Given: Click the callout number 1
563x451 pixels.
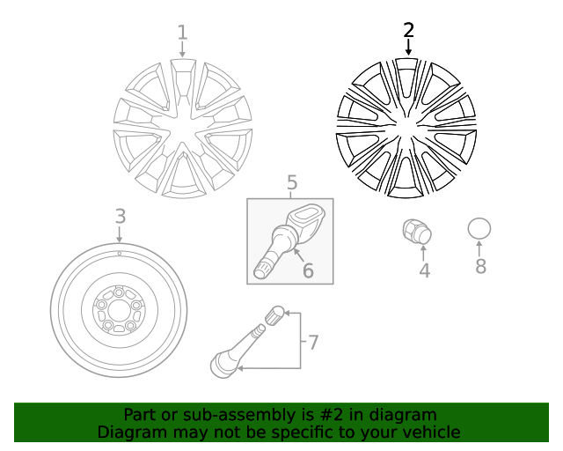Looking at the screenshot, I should click(x=182, y=33).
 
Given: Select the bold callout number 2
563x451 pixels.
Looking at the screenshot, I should click(x=408, y=30).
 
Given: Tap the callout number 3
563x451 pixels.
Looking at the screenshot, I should click(x=120, y=216).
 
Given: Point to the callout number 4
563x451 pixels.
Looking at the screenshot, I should click(x=424, y=271).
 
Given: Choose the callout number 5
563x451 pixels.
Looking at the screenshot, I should click(x=291, y=182).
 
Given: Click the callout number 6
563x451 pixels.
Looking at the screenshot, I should click(x=308, y=270).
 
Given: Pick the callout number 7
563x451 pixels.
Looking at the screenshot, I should click(x=312, y=340).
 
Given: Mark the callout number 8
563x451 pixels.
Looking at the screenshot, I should click(x=480, y=266).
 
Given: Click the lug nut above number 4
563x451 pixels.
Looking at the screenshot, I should click(x=417, y=232).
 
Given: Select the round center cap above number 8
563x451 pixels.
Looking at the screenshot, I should click(x=479, y=229).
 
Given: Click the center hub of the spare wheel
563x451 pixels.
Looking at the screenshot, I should click(x=119, y=309).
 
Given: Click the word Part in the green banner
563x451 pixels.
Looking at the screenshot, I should click(x=140, y=415).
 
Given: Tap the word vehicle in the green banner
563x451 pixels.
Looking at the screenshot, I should click(x=431, y=432).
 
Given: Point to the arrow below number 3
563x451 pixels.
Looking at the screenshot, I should click(x=120, y=233).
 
